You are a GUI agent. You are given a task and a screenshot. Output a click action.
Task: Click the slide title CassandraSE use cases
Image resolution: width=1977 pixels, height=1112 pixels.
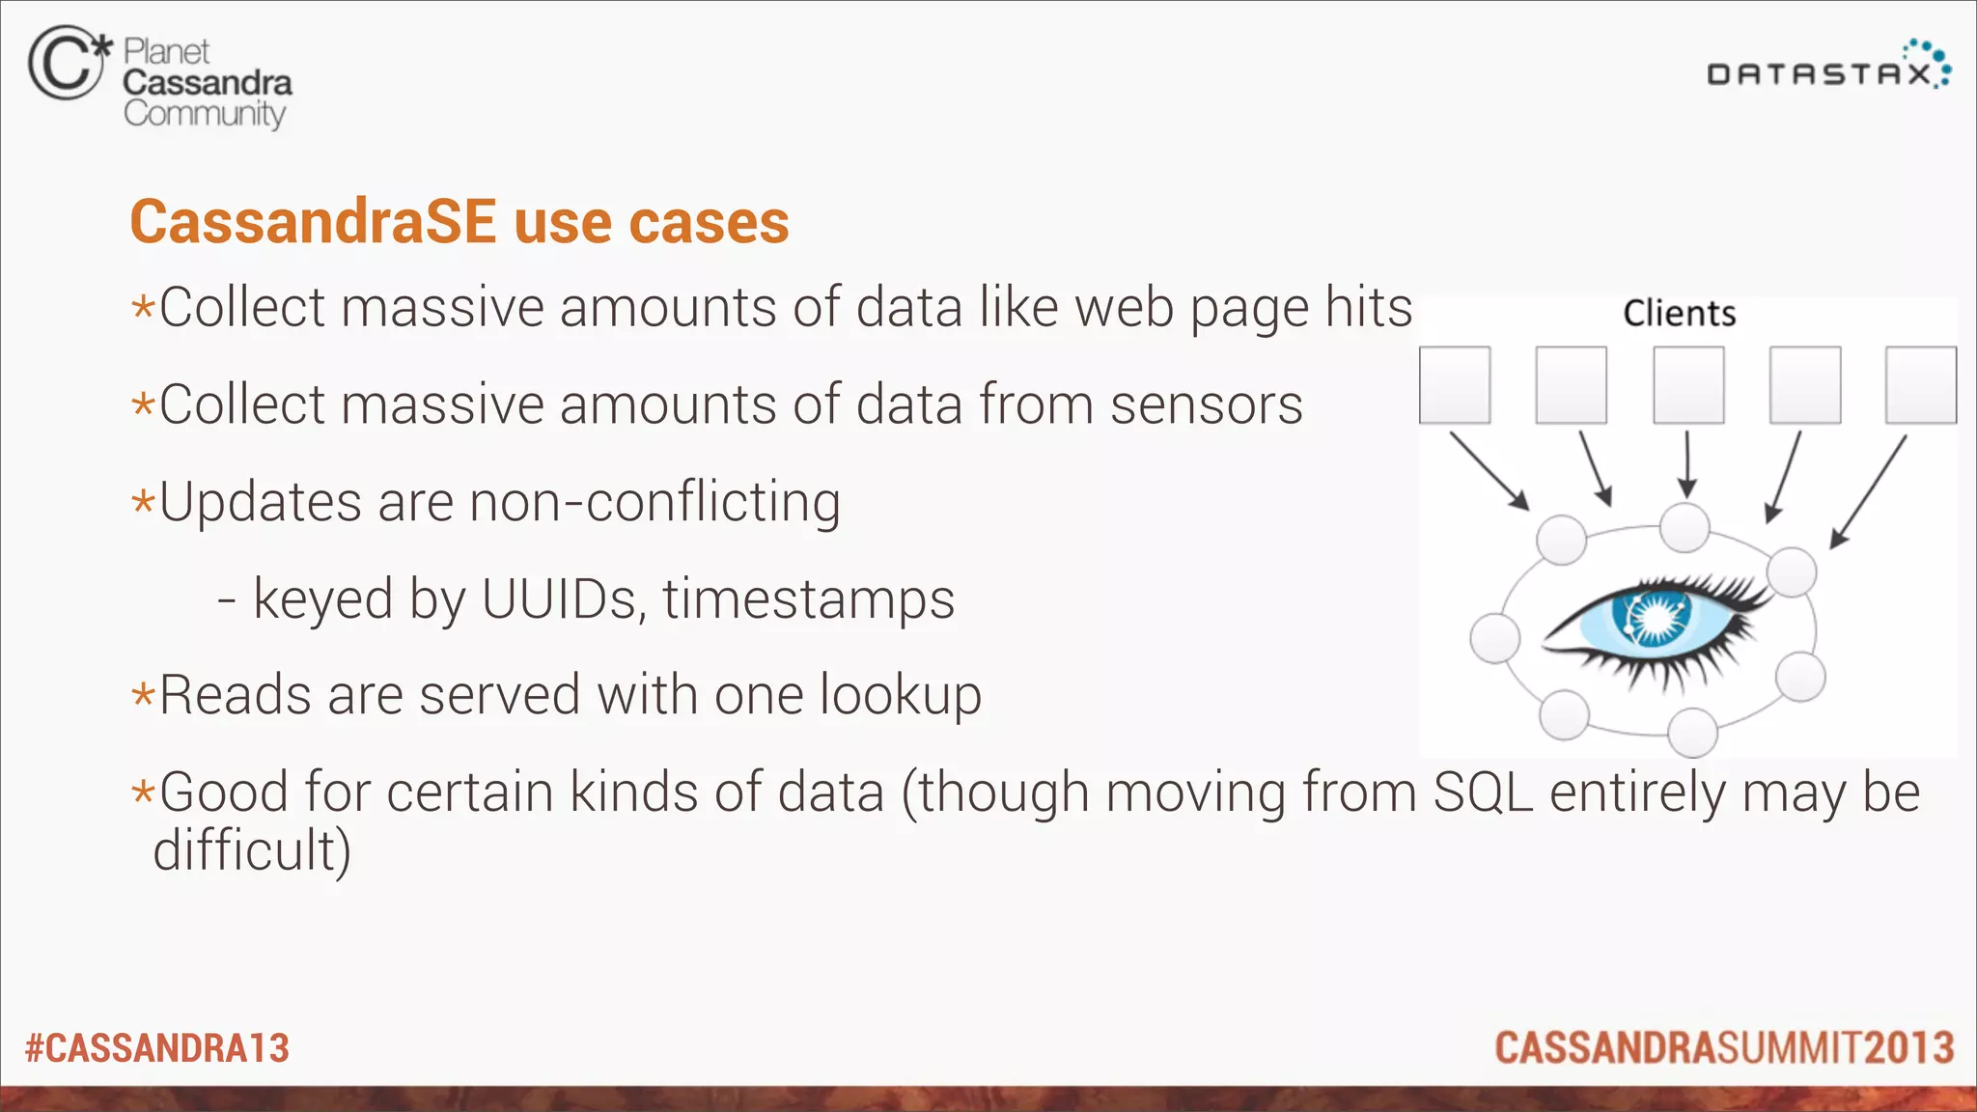click(459, 222)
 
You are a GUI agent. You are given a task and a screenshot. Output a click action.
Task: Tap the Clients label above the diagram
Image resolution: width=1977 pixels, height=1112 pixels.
click(1679, 314)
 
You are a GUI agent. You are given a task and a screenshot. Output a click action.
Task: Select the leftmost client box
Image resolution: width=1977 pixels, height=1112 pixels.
click(1455, 385)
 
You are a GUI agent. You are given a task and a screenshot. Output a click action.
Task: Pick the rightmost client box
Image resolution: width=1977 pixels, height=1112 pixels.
click(1921, 385)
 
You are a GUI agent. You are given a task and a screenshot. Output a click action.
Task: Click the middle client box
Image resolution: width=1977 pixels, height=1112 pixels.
click(1688, 385)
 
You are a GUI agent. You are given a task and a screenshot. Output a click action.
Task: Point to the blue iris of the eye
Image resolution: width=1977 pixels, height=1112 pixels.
click(1655, 618)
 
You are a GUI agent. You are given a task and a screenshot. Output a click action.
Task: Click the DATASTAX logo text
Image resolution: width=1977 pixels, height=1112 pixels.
click(1820, 74)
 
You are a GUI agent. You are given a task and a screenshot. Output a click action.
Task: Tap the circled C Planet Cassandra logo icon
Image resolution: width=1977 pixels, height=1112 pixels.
click(66, 64)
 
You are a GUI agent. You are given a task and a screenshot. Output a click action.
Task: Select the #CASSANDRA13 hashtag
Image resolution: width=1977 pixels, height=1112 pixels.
click(157, 1048)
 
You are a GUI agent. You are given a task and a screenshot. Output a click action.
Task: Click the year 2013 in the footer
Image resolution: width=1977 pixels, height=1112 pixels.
click(1909, 1048)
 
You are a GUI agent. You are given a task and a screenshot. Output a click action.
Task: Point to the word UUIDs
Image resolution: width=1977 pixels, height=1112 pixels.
click(559, 599)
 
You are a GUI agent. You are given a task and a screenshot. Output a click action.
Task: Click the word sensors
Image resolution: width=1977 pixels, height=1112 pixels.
click(1207, 404)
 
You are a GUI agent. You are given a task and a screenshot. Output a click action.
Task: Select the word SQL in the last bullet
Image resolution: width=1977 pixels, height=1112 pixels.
click(1483, 792)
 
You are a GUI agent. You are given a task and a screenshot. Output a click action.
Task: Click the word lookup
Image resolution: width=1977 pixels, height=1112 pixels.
click(900, 696)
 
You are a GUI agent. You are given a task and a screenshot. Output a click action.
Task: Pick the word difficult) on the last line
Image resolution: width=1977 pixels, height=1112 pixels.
click(252, 850)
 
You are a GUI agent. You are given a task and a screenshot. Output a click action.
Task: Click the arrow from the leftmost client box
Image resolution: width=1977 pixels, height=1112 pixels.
click(1489, 470)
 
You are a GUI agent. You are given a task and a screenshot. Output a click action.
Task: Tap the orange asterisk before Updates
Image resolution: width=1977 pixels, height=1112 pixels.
click(143, 503)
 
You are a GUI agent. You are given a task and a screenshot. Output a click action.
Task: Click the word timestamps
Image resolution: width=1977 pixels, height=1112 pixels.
click(808, 599)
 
